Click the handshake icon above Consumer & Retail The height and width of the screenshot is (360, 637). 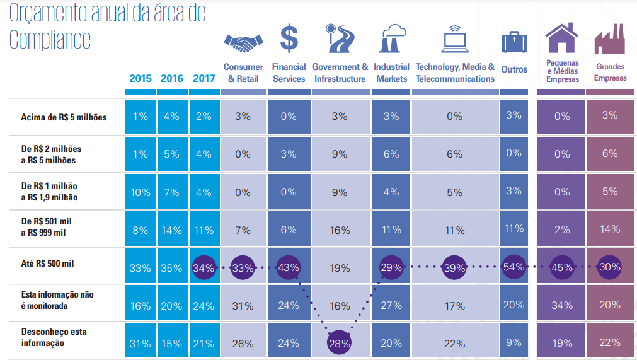pyautogui.click(x=243, y=43)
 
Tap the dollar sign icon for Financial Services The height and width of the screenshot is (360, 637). pyautogui.click(x=289, y=38)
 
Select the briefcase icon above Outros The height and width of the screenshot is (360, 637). pyautogui.click(x=514, y=42)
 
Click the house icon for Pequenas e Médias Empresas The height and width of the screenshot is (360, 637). pyautogui.click(x=562, y=38)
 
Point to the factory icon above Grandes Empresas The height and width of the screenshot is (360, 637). pyautogui.click(x=609, y=39)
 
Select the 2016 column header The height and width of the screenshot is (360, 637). pyautogui.click(x=172, y=78)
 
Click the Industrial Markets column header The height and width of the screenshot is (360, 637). pyautogui.click(x=391, y=73)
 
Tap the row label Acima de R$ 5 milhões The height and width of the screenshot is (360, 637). pyautogui.click(x=64, y=117)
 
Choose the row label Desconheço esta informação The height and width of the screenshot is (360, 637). pyautogui.click(x=54, y=337)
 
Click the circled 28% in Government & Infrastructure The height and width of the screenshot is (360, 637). pyautogui.click(x=340, y=344)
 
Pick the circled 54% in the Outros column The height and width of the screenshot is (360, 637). pyautogui.click(x=514, y=267)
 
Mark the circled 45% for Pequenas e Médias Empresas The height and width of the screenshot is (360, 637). pyautogui.click(x=562, y=267)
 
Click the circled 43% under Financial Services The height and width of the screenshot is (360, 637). pyautogui.click(x=289, y=267)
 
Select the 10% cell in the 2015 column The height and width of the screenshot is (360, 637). pyautogui.click(x=141, y=192)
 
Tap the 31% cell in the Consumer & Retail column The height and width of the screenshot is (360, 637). pyautogui.click(x=243, y=306)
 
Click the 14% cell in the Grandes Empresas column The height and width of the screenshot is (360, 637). pyautogui.click(x=610, y=230)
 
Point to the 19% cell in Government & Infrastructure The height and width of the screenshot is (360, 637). pyautogui.click(x=340, y=268)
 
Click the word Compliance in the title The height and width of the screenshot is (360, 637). pyautogui.click(x=50, y=39)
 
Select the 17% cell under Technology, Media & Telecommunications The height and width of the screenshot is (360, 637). pyautogui.click(x=454, y=306)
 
